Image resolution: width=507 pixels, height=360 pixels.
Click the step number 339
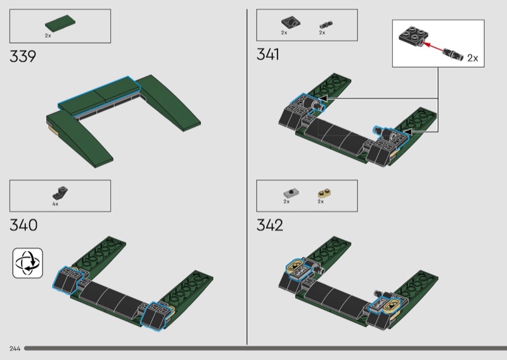coord(23,56)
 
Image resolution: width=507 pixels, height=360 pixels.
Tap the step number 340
coord(23,225)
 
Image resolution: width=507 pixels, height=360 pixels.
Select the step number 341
coord(267,55)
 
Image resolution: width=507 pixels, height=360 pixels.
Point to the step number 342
coord(270,225)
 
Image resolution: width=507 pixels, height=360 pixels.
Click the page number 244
coord(15,349)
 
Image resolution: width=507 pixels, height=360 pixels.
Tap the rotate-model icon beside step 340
coord(28,263)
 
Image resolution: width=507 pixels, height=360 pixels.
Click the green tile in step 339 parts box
coord(61,23)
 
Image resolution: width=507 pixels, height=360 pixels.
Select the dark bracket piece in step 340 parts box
coord(60,193)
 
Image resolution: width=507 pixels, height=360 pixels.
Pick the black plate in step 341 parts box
coord(291,22)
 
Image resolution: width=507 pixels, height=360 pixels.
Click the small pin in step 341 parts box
coord(326,25)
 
